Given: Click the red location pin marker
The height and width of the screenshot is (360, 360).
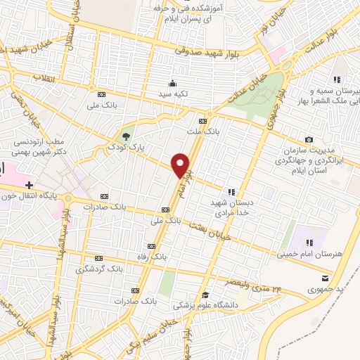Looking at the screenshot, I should pyautogui.click(x=181, y=165).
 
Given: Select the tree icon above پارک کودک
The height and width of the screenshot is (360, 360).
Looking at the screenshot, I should pyautogui.click(x=126, y=136).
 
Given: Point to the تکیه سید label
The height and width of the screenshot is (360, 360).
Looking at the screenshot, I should pyautogui.click(x=173, y=93).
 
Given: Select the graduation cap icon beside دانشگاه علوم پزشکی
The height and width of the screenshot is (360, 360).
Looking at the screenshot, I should pyautogui.click(x=205, y=295).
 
